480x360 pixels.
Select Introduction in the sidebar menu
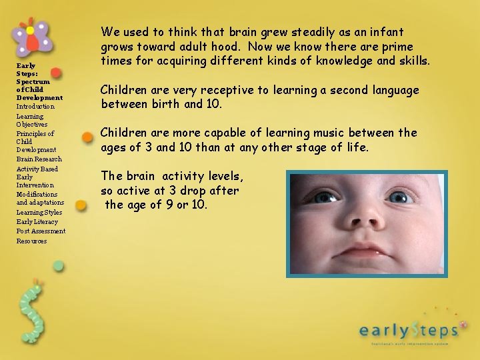click(x=35, y=107)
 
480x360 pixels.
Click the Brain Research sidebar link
click(x=39, y=159)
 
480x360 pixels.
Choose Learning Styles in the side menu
click(x=39, y=213)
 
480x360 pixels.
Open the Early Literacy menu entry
click(x=37, y=222)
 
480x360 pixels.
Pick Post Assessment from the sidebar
click(x=41, y=231)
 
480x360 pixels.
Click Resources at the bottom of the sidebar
click(x=31, y=241)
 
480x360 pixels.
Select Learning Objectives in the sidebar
click(x=31, y=121)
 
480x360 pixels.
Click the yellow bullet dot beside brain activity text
click(x=81, y=205)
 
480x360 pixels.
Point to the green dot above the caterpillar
click(x=59, y=266)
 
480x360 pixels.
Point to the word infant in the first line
click(x=387, y=32)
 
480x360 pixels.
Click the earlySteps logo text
click(x=408, y=329)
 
